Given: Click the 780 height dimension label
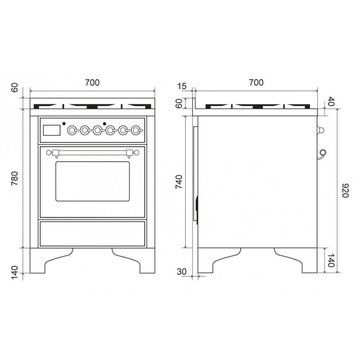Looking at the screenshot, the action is tap(14, 179).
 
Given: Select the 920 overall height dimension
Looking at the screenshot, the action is tap(345, 190).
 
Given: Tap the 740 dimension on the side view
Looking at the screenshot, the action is tap(179, 182).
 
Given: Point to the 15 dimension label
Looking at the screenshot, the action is tap(182, 86).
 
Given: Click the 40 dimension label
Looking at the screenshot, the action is tap(331, 101).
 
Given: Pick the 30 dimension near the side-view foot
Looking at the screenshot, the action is tap(181, 271).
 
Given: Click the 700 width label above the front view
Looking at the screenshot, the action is tap(92, 82).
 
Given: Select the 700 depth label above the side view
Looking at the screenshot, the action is tap(256, 82).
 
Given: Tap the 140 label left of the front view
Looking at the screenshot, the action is tap(14, 272).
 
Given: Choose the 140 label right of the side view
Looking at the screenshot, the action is tap(330, 260).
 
